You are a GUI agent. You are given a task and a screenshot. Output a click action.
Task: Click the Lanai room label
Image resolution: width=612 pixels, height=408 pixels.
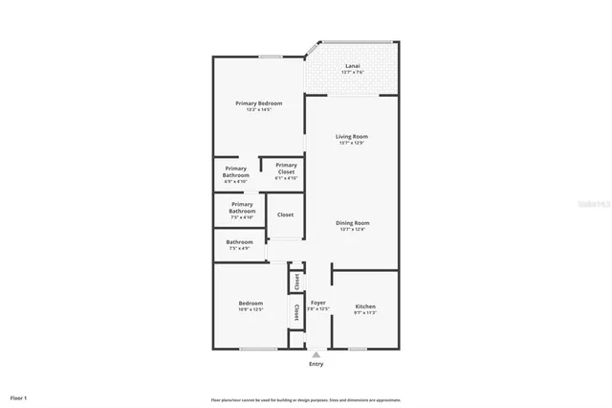tap(351, 66)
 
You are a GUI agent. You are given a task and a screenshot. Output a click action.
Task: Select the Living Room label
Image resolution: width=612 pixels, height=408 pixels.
tap(351, 136)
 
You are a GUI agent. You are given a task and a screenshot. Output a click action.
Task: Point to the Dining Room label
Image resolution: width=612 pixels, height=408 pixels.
tap(351, 223)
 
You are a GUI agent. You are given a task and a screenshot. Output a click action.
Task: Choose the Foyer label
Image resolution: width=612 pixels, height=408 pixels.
tap(317, 303)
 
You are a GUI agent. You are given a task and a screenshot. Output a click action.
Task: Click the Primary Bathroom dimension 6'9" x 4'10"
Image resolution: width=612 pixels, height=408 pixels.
tap(236, 179)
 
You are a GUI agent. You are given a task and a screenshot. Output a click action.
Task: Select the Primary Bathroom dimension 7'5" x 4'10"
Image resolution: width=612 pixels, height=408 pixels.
tap(242, 216)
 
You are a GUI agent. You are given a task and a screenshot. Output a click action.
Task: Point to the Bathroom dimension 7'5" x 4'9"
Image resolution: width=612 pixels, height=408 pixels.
tap(239, 248)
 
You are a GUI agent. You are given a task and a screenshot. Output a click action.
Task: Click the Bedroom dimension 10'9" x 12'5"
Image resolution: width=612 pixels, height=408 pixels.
tap(250, 308)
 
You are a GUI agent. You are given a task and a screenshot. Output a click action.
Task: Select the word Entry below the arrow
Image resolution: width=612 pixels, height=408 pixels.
tap(316, 364)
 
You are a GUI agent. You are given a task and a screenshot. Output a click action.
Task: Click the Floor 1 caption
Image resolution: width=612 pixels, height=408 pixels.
tap(19, 397)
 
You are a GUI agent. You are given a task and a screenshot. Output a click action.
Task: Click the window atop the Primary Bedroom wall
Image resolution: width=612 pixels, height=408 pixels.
tap(270, 57)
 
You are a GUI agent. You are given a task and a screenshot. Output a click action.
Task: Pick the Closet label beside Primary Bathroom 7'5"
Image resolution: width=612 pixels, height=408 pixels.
tap(285, 215)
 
